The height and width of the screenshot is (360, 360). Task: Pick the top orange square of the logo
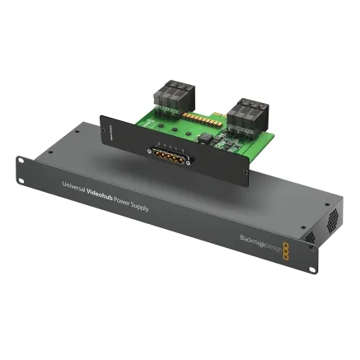(285, 245)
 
